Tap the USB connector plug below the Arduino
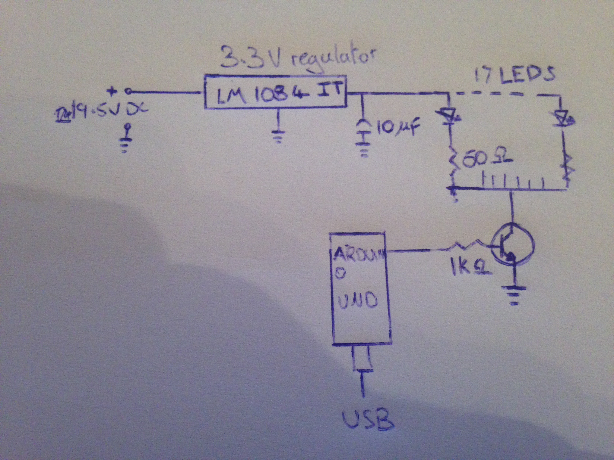click(x=362, y=359)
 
